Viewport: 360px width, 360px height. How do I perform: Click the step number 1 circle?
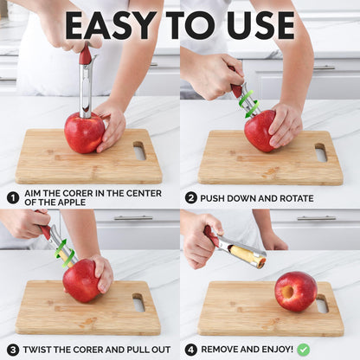(13, 197)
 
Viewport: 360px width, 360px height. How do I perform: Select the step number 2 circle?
(190, 197)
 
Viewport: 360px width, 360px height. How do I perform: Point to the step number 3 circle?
(13, 350)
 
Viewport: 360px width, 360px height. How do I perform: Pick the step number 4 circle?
(190, 350)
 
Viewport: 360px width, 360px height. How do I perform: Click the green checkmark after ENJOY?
(304, 350)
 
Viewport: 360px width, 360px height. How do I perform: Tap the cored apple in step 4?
(295, 291)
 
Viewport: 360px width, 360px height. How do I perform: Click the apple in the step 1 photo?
(84, 132)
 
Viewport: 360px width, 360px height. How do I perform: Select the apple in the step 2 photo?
(260, 132)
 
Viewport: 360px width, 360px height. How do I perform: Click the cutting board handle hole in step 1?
(139, 151)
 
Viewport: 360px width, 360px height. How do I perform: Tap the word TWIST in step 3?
(42, 350)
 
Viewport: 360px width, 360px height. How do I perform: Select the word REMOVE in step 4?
(226, 350)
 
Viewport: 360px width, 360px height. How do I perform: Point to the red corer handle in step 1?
(85, 55)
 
